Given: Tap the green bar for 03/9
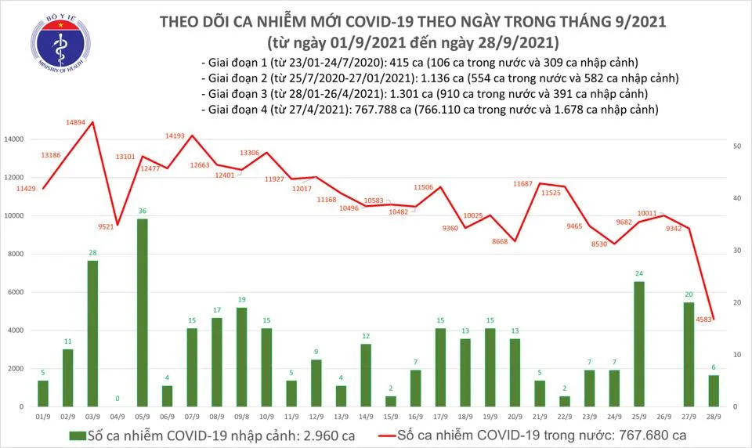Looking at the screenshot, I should pos(92,334).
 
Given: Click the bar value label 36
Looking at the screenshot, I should pos(142,211).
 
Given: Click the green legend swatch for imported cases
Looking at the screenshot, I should pos(78,435).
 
